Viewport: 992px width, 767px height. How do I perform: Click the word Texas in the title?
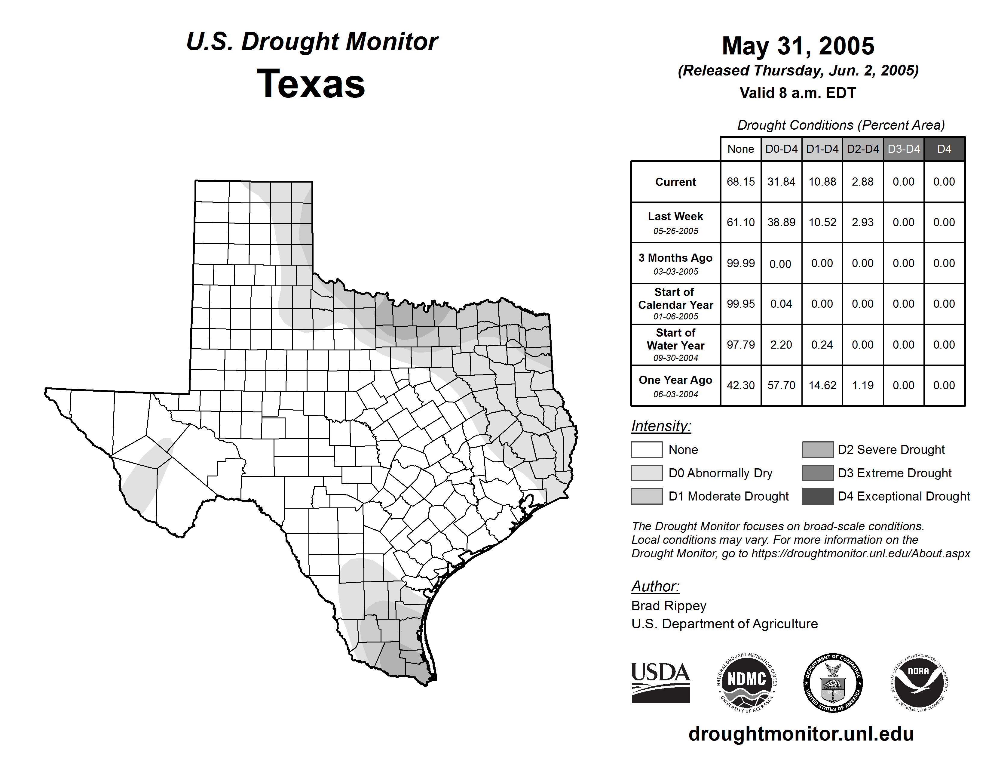pos(311,84)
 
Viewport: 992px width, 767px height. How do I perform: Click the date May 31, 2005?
pos(798,46)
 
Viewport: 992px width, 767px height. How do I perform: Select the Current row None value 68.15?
pos(740,182)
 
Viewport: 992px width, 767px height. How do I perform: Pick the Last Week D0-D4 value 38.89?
pos(781,222)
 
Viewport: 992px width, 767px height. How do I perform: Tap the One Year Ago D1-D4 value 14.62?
pos(822,385)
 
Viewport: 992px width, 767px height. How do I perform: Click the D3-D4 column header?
pos(903,149)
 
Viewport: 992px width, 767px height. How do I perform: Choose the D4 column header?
pos(944,149)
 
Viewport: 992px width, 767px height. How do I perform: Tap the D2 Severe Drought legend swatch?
pos(818,449)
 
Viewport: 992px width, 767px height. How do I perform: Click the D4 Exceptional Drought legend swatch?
pos(818,496)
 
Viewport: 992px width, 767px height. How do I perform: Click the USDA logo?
pos(660,682)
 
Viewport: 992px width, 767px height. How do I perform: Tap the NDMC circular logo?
pos(747,682)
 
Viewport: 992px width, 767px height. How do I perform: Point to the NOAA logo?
pos(918,682)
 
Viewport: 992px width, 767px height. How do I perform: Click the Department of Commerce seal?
pos(833,682)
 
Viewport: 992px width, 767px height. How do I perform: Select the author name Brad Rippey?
pos(669,606)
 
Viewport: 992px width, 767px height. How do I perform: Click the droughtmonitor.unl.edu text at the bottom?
pos(801,734)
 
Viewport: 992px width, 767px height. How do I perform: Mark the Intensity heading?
pos(661,426)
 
